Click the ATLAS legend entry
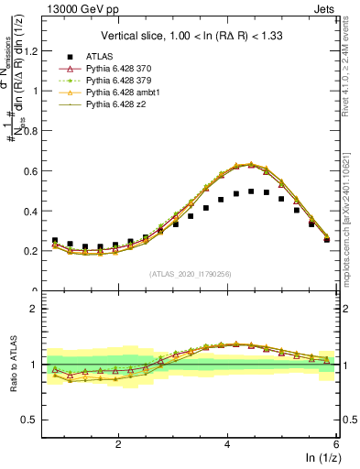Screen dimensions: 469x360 (98, 56)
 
